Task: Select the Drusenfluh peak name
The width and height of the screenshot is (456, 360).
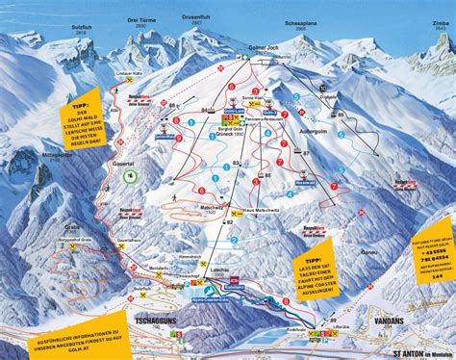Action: [193, 15]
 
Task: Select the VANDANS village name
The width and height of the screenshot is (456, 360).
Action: [383, 320]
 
